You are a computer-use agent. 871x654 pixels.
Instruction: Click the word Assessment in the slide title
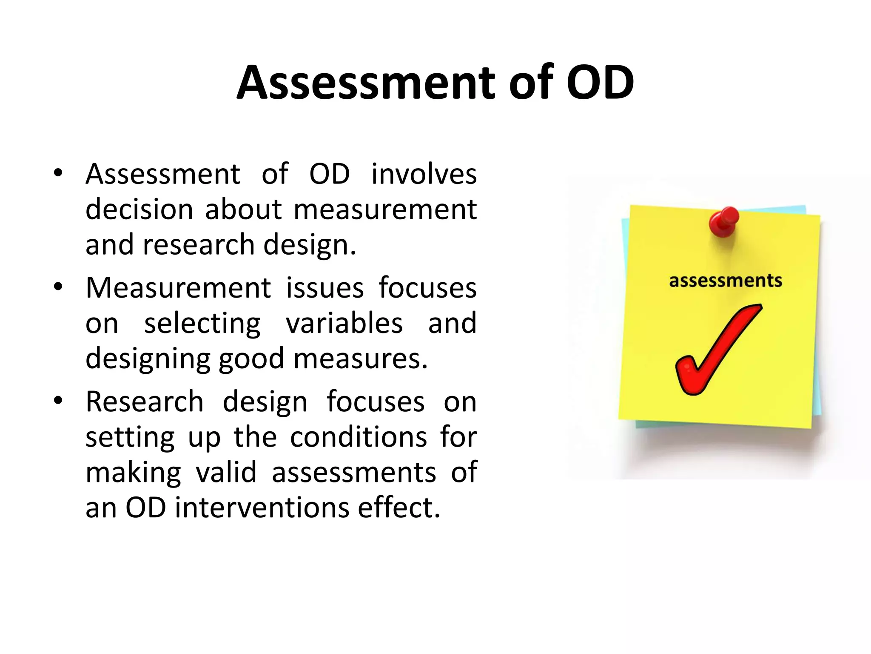[x=366, y=83]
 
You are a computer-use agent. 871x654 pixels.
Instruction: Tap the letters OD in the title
[x=600, y=83]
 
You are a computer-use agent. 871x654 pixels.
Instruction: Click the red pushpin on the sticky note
[x=724, y=221]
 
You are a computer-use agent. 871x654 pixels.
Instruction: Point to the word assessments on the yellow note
[x=726, y=281]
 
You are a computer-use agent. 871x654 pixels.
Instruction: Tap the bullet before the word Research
[x=58, y=401]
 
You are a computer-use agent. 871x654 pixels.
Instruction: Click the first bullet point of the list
[x=58, y=173]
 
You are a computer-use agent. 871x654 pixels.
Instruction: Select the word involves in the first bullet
[x=424, y=174]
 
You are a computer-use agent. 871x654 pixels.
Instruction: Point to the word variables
[x=344, y=323]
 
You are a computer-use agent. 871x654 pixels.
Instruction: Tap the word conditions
[x=358, y=437]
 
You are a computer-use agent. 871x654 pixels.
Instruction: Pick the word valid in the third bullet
[x=226, y=472]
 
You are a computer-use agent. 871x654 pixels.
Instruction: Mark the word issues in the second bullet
[x=324, y=288]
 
